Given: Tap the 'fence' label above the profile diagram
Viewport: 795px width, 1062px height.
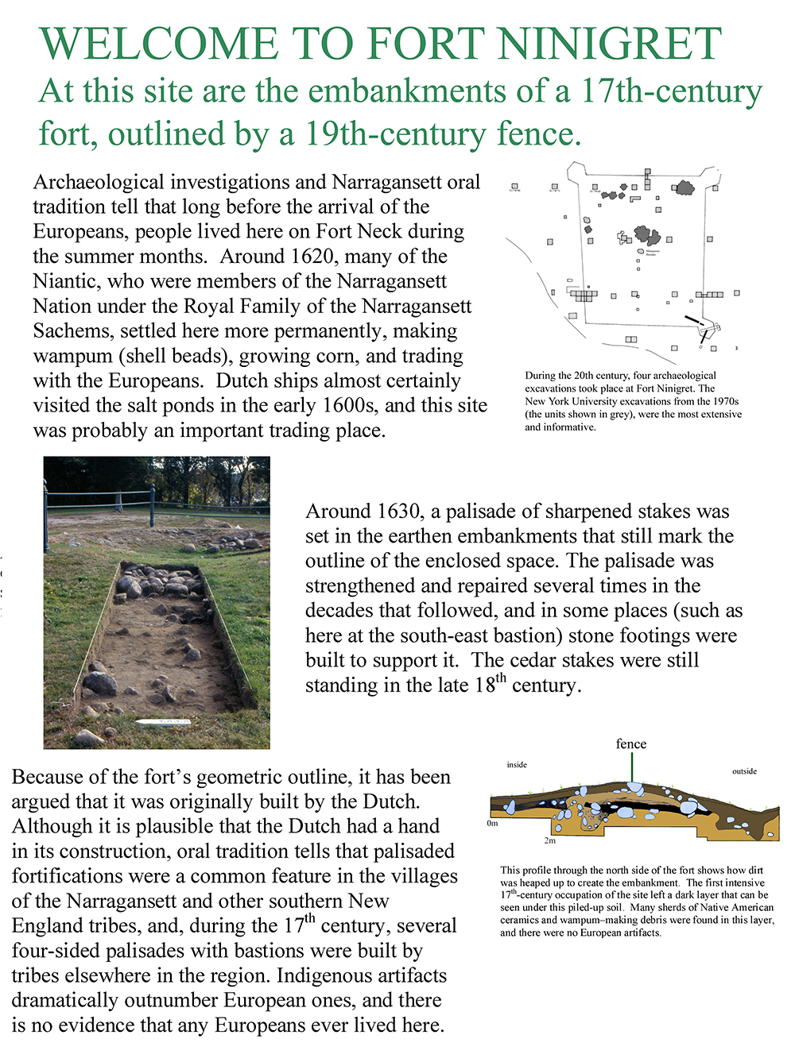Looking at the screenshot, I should (x=631, y=744).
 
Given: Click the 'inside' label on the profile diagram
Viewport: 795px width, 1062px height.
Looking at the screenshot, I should (x=517, y=765).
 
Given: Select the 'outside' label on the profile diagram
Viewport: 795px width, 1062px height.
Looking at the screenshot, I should (x=744, y=771).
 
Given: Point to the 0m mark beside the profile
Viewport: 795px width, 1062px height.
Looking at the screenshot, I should (x=492, y=824).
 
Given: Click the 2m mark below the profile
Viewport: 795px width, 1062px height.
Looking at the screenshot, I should (x=549, y=840).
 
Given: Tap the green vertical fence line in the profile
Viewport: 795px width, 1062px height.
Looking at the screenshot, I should (x=633, y=767).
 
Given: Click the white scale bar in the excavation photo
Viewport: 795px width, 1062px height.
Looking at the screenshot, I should (x=162, y=722).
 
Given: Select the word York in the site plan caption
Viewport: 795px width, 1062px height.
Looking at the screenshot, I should (x=563, y=402).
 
